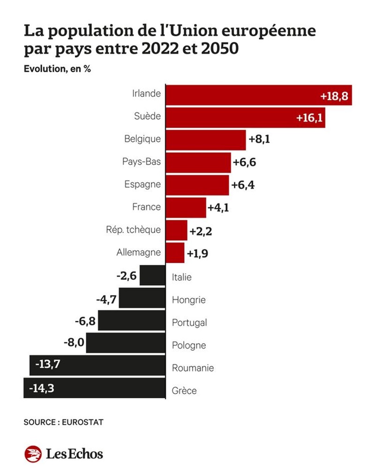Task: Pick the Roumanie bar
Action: tap(98, 366)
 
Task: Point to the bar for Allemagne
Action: tap(176, 253)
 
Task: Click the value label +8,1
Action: tap(260, 140)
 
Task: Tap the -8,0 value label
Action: tap(74, 342)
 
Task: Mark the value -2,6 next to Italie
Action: tap(127, 276)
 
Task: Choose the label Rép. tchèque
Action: tap(134, 230)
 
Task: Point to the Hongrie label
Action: tap(189, 300)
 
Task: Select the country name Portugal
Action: tap(189, 323)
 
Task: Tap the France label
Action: tap(147, 207)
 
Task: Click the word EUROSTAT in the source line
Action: tap(82, 422)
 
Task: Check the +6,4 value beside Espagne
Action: tap(243, 185)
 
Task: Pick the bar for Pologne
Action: tap(127, 343)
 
